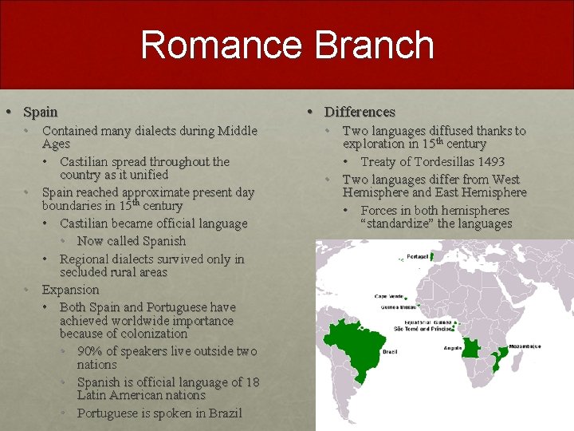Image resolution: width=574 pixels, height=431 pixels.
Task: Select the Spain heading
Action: tap(41, 112)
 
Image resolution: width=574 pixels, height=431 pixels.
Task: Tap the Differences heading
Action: tap(360, 112)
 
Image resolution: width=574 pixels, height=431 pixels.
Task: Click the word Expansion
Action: tap(70, 289)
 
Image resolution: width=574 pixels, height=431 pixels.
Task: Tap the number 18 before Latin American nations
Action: tap(251, 382)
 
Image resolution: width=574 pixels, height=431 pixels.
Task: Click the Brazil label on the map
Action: tap(391, 350)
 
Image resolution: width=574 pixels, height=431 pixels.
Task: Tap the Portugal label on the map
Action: tap(419, 256)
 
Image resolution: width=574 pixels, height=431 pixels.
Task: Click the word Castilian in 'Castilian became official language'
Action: tap(89, 223)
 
